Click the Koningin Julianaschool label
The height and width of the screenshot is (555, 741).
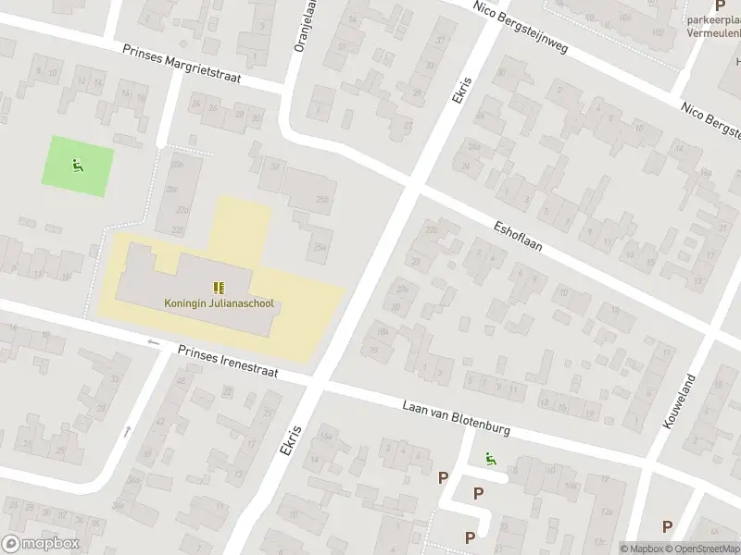tap(219, 302)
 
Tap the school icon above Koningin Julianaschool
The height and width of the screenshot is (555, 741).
tap(219, 288)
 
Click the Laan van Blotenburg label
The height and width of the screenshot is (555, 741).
tap(457, 416)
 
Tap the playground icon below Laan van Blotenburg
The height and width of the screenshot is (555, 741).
tap(488, 457)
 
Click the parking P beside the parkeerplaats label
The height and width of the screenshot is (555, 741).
tap(719, 6)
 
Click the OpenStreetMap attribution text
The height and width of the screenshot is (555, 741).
tap(702, 549)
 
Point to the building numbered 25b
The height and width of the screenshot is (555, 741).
tap(321, 199)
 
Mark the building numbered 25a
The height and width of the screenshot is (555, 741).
tap(320, 246)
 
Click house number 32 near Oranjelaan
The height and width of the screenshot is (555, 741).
tap(274, 166)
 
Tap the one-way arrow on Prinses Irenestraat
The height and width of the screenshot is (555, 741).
tap(154, 342)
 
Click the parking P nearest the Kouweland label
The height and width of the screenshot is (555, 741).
tap(667, 526)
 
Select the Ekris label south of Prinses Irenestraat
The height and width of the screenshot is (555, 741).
tap(291, 439)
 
